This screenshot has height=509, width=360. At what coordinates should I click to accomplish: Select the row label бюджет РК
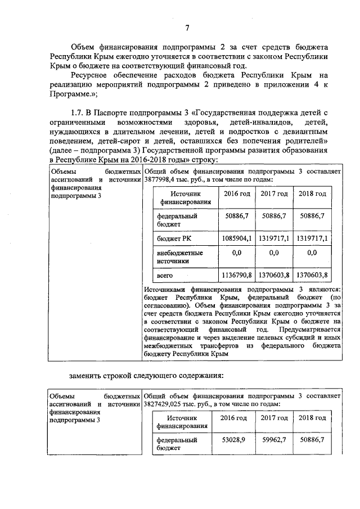pos(172,239)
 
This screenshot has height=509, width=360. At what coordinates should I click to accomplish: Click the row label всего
pos(164,276)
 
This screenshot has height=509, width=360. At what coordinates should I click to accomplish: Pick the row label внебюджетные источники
pos(179,257)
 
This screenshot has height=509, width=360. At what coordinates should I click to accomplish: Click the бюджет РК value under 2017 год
pos(274,238)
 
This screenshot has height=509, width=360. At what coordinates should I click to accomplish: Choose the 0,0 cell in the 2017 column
pos(274,253)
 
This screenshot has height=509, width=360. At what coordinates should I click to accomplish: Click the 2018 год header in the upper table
pos(312,194)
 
